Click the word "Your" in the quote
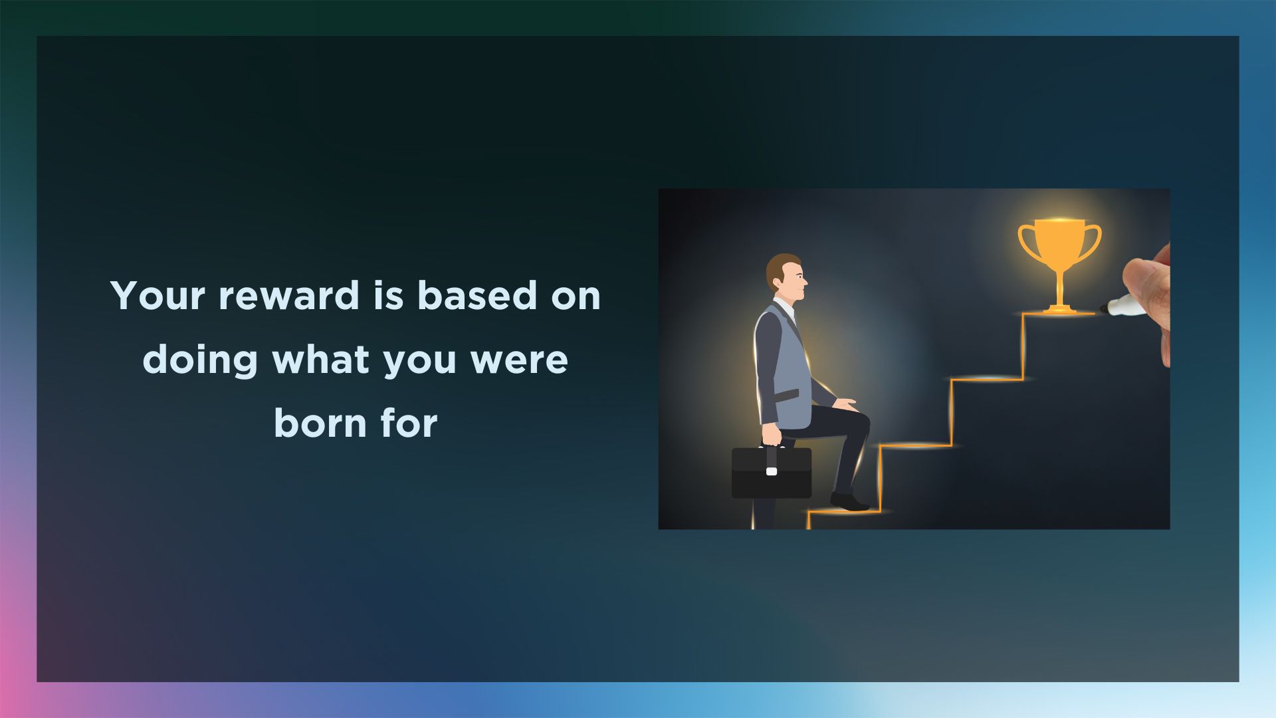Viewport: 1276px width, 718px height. [x=159, y=296]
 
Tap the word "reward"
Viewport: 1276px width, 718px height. [x=289, y=295]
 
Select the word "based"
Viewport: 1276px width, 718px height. [x=477, y=295]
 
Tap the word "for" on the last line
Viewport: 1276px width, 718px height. [x=409, y=423]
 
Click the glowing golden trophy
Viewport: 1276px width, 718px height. [x=1059, y=266]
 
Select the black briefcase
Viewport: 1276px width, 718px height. [x=772, y=473]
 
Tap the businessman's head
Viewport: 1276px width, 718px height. [x=786, y=276]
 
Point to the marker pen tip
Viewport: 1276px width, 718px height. [x=1104, y=308]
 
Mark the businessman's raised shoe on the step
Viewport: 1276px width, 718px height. [x=849, y=502]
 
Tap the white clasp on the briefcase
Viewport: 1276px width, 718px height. [x=772, y=471]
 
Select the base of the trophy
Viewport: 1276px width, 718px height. [x=1059, y=308]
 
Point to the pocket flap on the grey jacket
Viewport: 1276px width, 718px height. [x=786, y=396]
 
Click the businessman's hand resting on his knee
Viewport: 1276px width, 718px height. [x=845, y=404]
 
